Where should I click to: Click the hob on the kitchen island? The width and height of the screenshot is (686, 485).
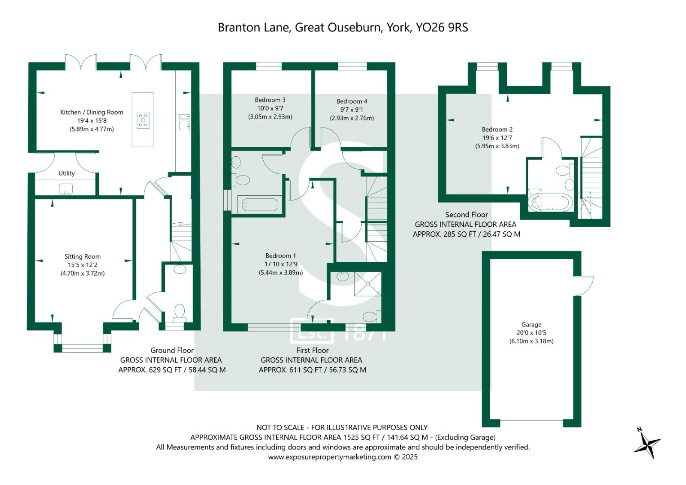pos(143,121)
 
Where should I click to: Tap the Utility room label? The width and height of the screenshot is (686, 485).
pos(66,173)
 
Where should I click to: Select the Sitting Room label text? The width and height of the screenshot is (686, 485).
pos(82,257)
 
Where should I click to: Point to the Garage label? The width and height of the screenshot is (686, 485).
pos(531,325)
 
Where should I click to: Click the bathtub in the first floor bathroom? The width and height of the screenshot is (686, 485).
pos(260,205)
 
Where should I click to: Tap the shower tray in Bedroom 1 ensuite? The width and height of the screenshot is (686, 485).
pos(367,283)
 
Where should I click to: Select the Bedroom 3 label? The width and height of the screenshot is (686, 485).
pos(270,100)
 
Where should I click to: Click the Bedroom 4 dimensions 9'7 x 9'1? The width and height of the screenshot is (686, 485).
pos(351,110)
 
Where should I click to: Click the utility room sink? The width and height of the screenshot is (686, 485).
pos(66,189)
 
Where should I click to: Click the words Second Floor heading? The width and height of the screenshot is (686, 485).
pos(466,215)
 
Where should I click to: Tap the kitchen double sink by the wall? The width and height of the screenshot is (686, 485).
pos(184,122)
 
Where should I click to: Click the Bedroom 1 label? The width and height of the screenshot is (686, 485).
pos(280,256)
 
